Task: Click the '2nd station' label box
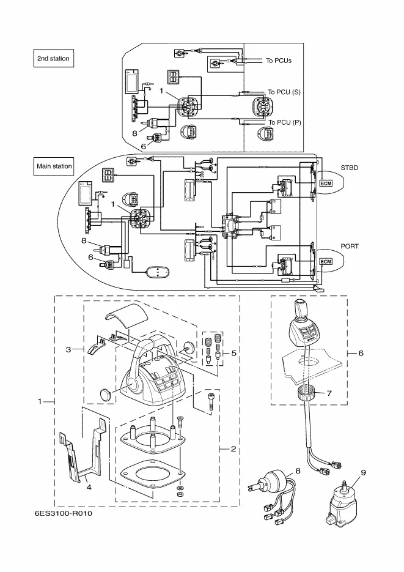pyautogui.click(x=53, y=59)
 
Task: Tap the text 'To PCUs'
pyautogui.click(x=279, y=61)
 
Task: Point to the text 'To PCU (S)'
pyautogui.click(x=284, y=92)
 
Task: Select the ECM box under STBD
pyautogui.click(x=326, y=182)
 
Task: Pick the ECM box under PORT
pyautogui.click(x=326, y=262)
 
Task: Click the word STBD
pyautogui.click(x=350, y=166)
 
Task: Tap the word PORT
pyautogui.click(x=350, y=246)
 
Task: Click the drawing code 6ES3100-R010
pyautogui.click(x=64, y=513)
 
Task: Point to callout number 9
pyautogui.click(x=362, y=472)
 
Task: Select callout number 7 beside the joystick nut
pyautogui.click(x=329, y=393)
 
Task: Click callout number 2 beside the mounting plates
pyautogui.click(x=233, y=449)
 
